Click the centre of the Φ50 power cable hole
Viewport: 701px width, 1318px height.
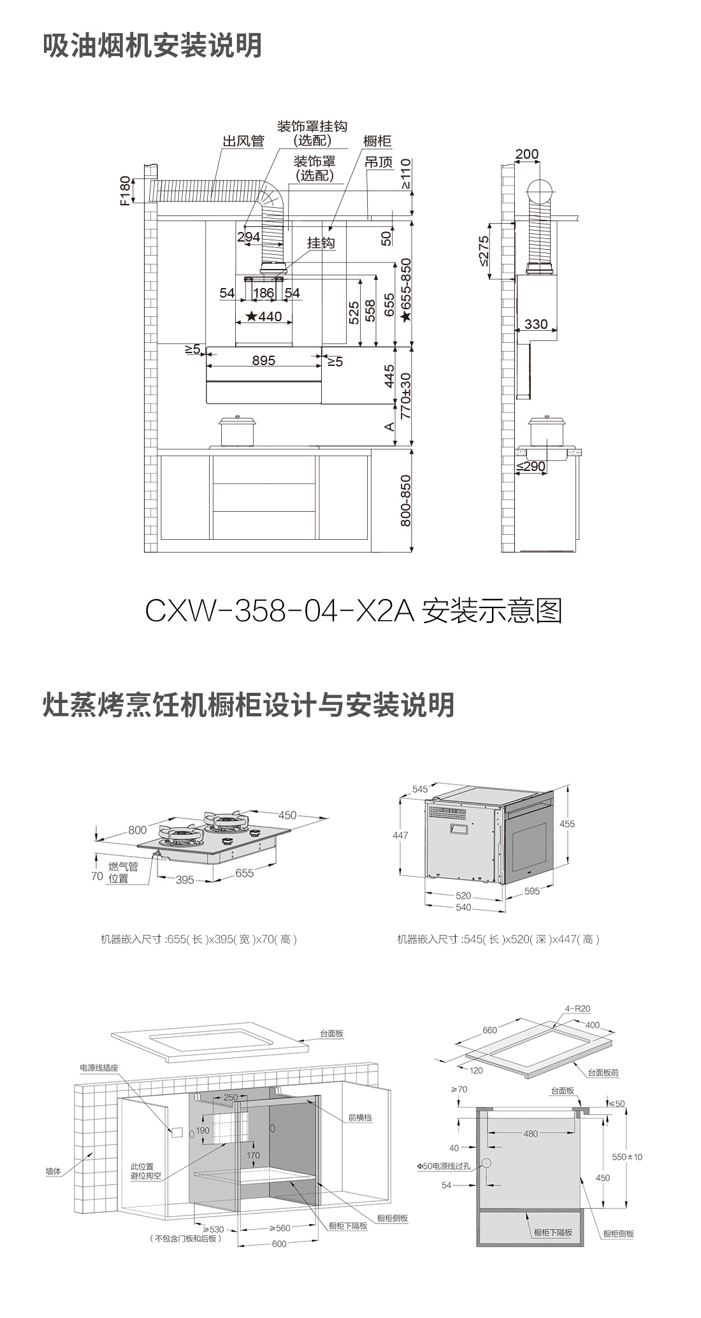click(486, 1162)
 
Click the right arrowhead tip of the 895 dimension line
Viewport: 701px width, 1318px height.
click(321, 367)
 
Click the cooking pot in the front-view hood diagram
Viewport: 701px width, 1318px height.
click(237, 431)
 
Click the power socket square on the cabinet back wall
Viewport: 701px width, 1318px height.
click(177, 1131)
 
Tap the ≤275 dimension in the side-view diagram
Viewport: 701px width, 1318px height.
click(483, 250)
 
